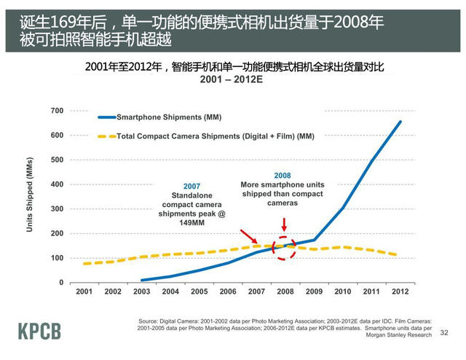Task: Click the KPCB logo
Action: [x=40, y=330]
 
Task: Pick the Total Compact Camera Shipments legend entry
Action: [x=215, y=136]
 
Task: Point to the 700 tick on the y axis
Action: [x=57, y=111]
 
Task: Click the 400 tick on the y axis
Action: [x=57, y=184]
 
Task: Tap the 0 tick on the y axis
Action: [x=61, y=283]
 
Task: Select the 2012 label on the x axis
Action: [x=400, y=291]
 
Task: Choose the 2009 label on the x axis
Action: [x=315, y=291]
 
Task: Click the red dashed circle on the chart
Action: [x=284, y=248]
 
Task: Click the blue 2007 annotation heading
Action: [x=191, y=187]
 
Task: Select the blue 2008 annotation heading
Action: [x=283, y=176]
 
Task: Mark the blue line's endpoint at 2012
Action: [x=400, y=122]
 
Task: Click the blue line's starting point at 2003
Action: [x=142, y=280]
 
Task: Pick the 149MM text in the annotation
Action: [x=191, y=224]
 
